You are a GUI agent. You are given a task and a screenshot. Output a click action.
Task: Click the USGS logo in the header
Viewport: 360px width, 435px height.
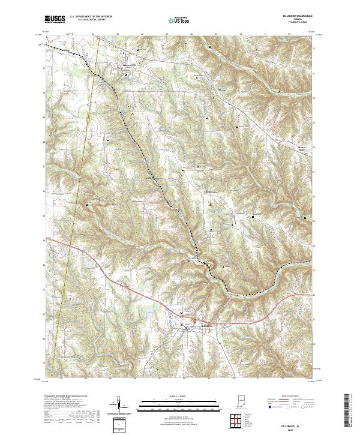pyautogui.click(x=54, y=20)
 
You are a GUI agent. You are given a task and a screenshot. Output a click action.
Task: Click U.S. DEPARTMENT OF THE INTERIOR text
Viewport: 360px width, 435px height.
pyautogui.click(x=92, y=17)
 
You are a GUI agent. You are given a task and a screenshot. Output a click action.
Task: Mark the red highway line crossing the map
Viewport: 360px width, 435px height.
pyautogui.click(x=120, y=281)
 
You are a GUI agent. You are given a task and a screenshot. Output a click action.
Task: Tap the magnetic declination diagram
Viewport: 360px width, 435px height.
pyautogui.click(x=118, y=405)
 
